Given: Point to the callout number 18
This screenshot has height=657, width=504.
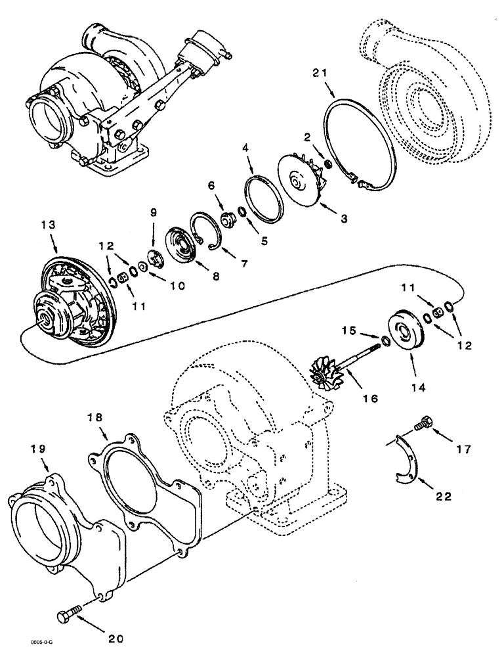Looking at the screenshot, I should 96,418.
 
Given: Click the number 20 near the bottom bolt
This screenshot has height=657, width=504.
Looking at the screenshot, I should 116,637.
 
